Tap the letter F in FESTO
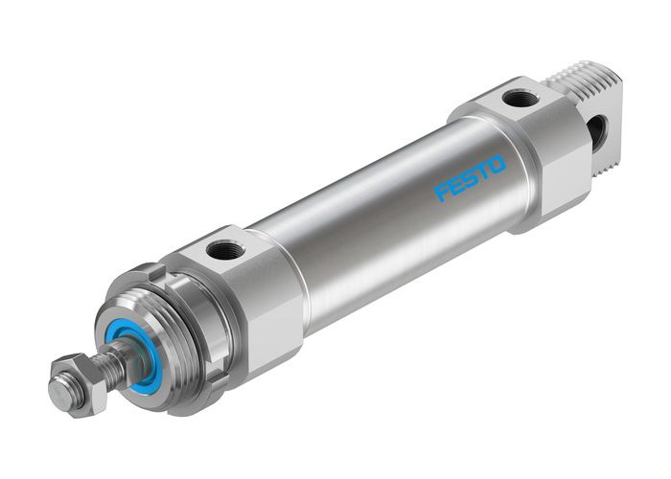(x=442, y=193)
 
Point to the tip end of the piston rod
(x=58, y=393)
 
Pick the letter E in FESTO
(x=454, y=186)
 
